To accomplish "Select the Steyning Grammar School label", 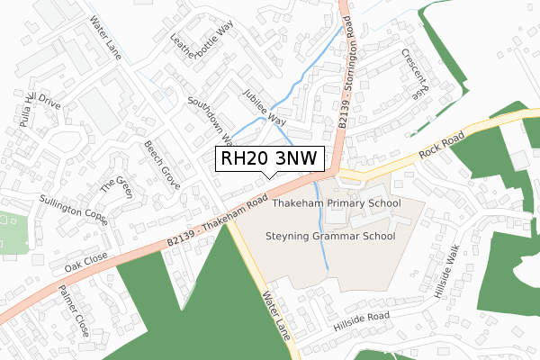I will coord(331,237).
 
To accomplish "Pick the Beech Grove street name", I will coord(162,165).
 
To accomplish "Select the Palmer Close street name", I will coord(73,311).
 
